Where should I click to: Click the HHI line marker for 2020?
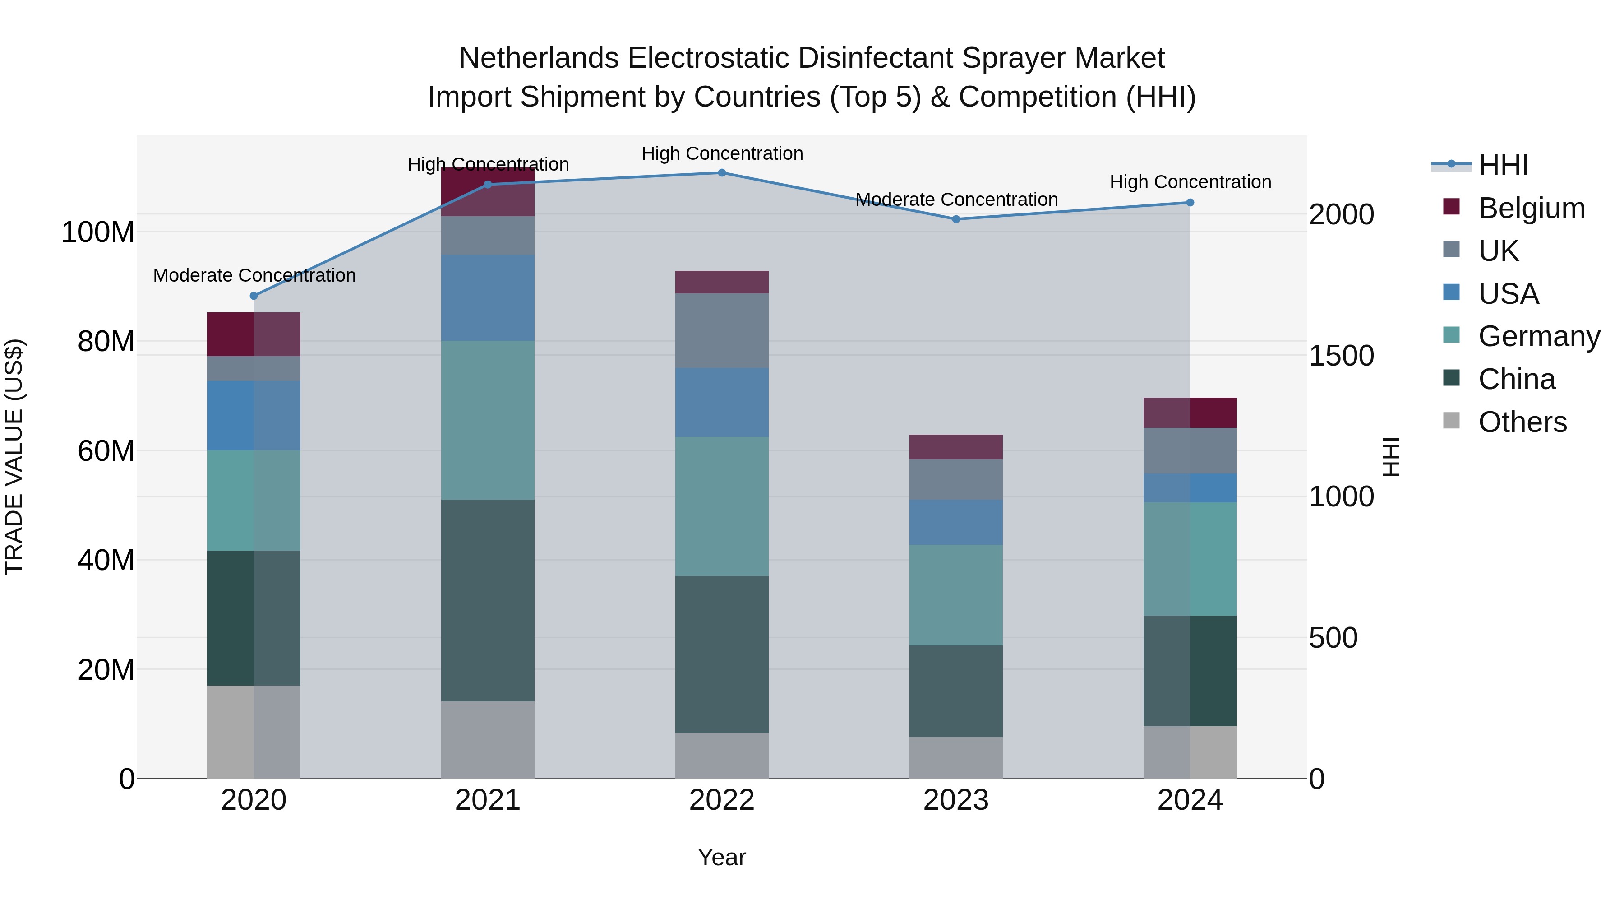(x=254, y=296)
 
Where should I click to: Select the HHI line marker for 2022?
(x=722, y=173)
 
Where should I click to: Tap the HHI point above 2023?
(x=956, y=219)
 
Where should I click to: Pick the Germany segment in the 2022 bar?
(x=722, y=506)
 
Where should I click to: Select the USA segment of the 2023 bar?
(x=956, y=522)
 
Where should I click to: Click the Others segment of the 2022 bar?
(x=722, y=755)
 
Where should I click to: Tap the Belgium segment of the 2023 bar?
(x=956, y=446)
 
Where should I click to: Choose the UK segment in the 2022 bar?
(x=722, y=330)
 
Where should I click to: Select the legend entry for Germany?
(x=1538, y=336)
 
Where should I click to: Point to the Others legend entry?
(x=1522, y=422)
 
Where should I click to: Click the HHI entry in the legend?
(x=1503, y=165)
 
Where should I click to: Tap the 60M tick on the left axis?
(x=106, y=451)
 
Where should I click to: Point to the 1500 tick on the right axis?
(x=1341, y=356)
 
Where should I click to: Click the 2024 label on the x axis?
(x=1190, y=800)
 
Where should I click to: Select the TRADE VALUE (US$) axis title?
(x=14, y=457)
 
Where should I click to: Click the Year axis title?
(x=722, y=857)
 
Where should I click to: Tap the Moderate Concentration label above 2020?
(x=254, y=276)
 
